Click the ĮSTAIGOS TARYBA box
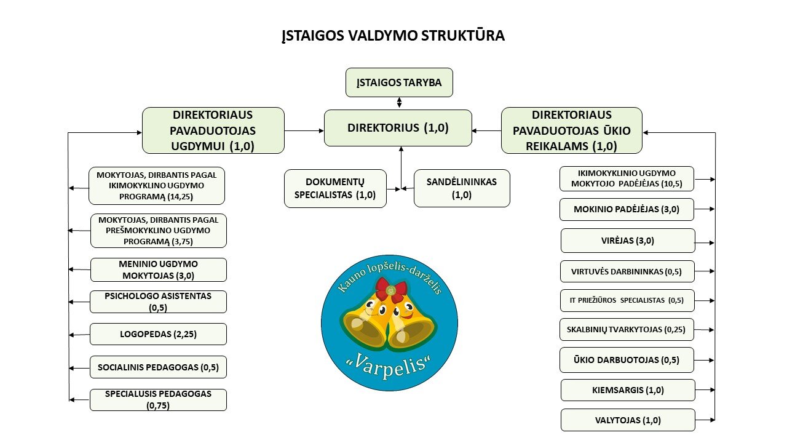[x=399, y=82]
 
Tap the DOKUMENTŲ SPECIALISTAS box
[x=336, y=188]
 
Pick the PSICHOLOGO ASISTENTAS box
[x=158, y=301]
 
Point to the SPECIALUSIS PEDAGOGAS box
[x=158, y=400]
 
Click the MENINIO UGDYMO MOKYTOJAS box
[x=158, y=269]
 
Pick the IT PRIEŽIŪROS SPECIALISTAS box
[x=627, y=300]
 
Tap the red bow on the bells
[x=391, y=288]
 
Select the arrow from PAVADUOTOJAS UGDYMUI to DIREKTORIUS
[x=304, y=130]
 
